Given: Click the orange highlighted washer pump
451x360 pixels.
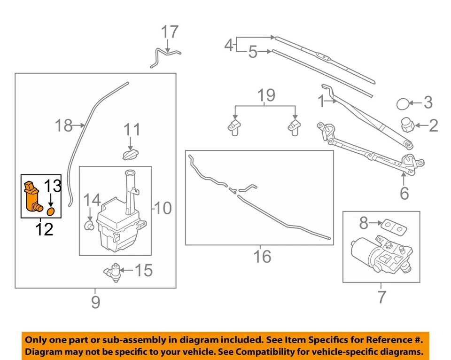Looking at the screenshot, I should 31,196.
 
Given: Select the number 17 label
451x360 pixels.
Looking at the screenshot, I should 170,32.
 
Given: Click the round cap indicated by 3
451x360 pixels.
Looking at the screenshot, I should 403,103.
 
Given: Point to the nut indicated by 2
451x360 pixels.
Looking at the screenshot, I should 407,125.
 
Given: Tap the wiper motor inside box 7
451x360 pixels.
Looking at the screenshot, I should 376,254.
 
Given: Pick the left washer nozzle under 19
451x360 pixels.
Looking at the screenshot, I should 233,126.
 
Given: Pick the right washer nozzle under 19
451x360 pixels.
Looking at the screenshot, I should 294,126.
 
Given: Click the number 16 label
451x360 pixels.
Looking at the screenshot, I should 263,257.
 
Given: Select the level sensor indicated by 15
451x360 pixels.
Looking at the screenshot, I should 113,271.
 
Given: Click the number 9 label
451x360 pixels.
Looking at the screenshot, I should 95,302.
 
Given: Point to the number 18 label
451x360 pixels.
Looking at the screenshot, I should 63,125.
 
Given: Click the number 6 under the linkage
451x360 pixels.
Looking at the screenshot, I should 404,193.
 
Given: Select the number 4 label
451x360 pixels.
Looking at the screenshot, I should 229,46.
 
